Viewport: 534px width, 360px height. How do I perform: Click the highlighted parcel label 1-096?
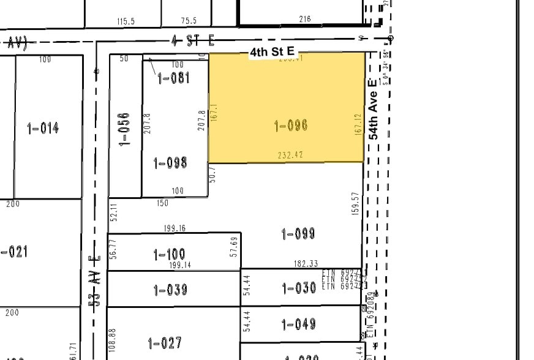[291, 126]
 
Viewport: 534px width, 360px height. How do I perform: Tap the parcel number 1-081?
[174, 78]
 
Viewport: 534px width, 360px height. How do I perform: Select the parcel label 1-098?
[170, 163]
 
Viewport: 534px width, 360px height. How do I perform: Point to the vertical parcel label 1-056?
[125, 128]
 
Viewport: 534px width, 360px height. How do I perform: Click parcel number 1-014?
[43, 128]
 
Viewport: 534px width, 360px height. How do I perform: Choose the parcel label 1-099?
[298, 233]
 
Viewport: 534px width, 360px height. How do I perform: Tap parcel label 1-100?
[170, 254]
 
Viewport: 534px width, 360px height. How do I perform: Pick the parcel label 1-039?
[170, 290]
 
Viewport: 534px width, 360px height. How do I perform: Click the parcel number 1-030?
[298, 288]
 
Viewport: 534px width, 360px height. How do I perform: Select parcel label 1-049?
[298, 324]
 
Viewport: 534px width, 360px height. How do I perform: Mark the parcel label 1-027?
[165, 343]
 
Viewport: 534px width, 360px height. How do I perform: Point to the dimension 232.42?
[290, 156]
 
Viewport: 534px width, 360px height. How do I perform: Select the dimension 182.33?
[306, 264]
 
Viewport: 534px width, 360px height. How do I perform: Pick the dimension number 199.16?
[175, 228]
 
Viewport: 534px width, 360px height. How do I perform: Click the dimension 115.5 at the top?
[126, 21]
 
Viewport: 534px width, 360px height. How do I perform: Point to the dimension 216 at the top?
[305, 19]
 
